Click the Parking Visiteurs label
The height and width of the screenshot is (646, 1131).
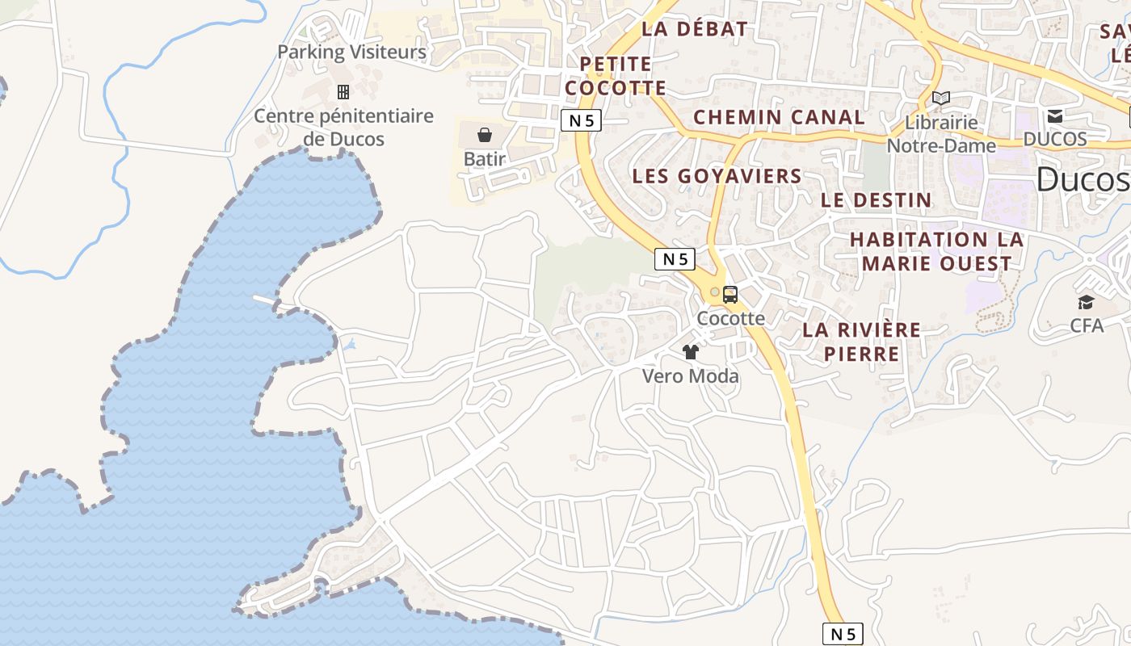(x=351, y=52)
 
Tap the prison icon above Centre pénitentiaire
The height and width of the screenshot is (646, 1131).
(x=343, y=92)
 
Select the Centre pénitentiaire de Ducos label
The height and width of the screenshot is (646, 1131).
(x=343, y=128)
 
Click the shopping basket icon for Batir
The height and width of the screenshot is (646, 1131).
(x=485, y=134)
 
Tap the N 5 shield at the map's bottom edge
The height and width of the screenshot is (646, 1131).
(x=843, y=634)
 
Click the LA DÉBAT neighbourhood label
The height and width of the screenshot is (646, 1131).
(x=695, y=29)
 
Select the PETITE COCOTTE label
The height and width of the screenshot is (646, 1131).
(x=616, y=75)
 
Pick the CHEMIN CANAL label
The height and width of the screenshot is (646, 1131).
(x=779, y=117)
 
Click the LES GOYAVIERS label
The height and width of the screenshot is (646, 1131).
(x=717, y=176)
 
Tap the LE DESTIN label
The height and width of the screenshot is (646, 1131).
(x=877, y=199)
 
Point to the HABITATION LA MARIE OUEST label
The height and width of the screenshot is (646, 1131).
(x=937, y=251)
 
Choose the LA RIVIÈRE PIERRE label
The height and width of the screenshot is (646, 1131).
(x=862, y=342)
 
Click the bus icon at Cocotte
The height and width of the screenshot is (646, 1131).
(x=730, y=295)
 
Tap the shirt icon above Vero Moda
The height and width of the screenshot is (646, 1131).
(x=691, y=352)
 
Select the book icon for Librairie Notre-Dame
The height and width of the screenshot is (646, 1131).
(x=941, y=99)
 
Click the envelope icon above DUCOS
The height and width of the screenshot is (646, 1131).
(x=1055, y=116)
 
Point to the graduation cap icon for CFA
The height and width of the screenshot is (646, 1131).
(x=1086, y=303)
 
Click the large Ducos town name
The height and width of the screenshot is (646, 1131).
(x=1083, y=179)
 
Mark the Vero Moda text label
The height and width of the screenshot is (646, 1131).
(x=691, y=376)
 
